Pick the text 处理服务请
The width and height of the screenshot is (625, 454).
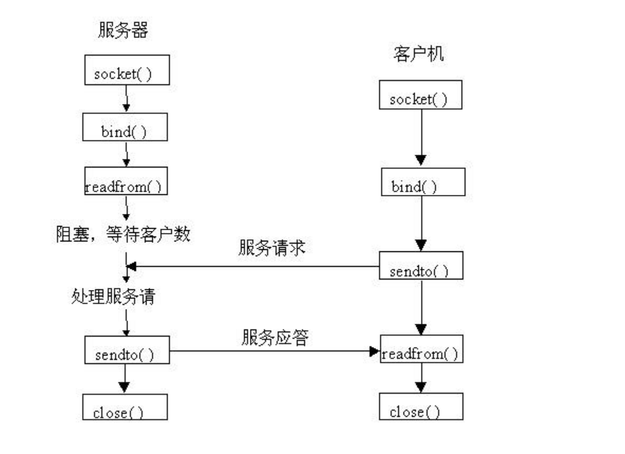point(113,296)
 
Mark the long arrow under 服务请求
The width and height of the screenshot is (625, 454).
point(253,267)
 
